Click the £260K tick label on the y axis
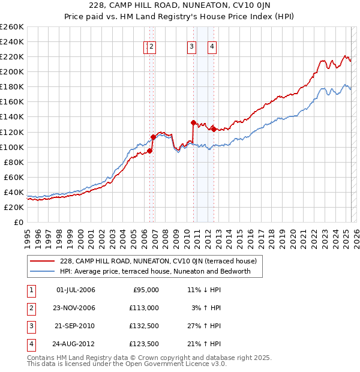11,27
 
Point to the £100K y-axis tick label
11,147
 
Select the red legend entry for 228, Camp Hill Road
158,261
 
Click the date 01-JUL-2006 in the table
76,290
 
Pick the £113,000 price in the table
145,308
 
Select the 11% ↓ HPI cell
204,290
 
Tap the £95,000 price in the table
146,290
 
